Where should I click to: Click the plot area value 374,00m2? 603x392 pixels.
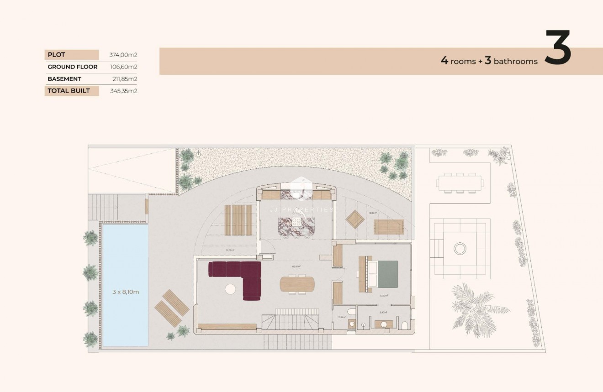pos(123,55)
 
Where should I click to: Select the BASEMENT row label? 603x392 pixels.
pos(64,78)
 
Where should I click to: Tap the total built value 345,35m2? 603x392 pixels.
pos(124,91)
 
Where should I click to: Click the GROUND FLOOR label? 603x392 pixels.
pos(72,67)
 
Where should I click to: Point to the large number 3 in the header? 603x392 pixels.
pos(558,48)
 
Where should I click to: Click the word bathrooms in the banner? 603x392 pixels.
pos(516,61)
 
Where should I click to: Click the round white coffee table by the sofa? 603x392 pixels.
pos(231,289)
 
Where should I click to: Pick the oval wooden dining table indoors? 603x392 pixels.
pos(297,284)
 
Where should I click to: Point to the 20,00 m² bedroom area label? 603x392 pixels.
pos(383,296)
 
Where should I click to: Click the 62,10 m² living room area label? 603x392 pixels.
pos(296,267)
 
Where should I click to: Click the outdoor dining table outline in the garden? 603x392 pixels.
pos(460,183)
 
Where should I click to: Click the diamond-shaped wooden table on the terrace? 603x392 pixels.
pos(355,220)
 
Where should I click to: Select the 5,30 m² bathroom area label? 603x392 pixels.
pos(383,313)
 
